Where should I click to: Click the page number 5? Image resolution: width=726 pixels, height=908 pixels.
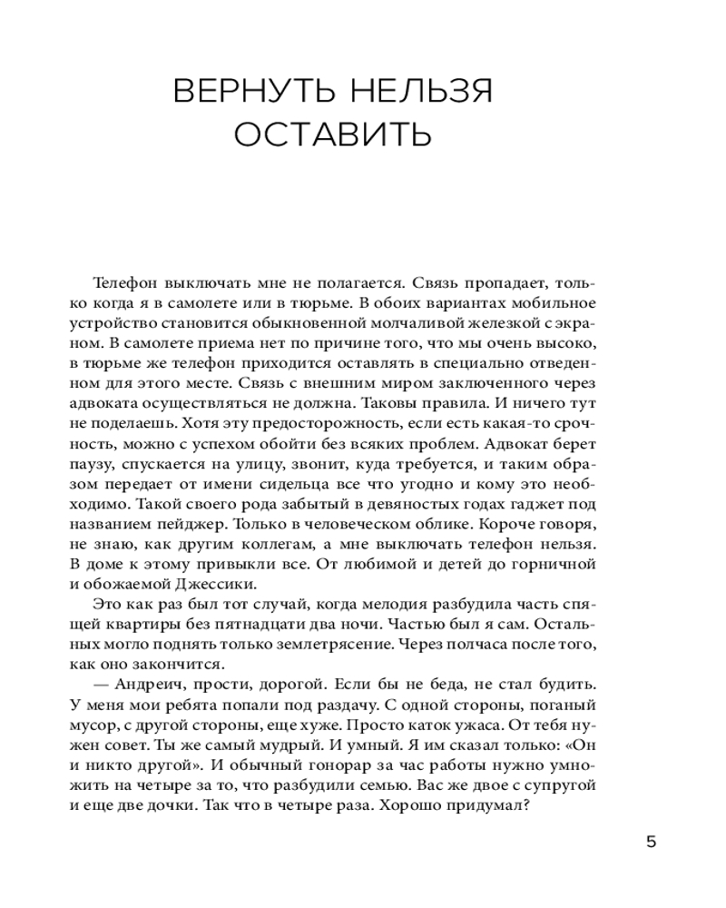651,841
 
